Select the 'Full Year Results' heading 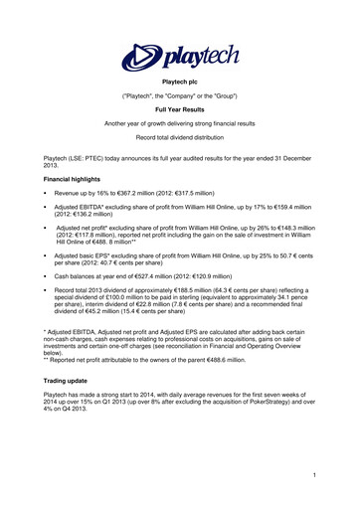(179, 122)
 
